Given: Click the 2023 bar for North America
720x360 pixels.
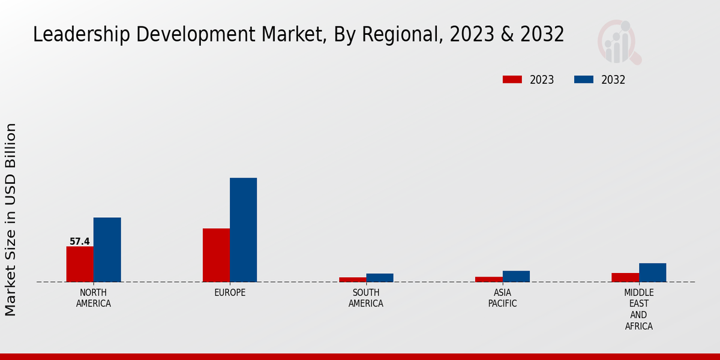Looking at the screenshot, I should (80, 264).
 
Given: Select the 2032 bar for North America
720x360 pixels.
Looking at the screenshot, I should (107, 250).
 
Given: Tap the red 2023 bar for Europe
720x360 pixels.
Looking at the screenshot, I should (216, 255).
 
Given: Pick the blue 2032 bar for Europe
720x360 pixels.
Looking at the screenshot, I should (243, 230).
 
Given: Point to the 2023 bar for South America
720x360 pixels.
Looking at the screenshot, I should (352, 280).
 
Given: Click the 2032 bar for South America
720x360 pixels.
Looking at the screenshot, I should (380, 278).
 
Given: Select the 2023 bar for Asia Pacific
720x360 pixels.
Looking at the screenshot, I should (488, 279).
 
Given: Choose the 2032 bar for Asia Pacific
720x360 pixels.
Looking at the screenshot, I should (516, 276).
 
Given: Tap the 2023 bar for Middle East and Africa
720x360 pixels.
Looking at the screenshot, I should (625, 277).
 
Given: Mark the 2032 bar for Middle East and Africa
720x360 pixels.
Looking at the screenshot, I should (652, 272).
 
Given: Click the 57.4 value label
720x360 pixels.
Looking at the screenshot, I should (80, 242).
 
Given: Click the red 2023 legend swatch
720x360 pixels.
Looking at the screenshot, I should (512, 80).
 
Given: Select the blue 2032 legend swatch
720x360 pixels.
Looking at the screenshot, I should (584, 80).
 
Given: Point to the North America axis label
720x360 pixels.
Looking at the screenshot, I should (94, 298).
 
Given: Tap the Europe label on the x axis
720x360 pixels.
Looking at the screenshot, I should (230, 293).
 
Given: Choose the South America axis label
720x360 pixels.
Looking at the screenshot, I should (366, 298).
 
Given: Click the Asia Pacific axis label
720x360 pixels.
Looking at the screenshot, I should (503, 298).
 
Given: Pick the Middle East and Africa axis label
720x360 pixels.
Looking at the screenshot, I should (638, 310).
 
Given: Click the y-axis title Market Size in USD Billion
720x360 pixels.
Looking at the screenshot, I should (11, 220).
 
